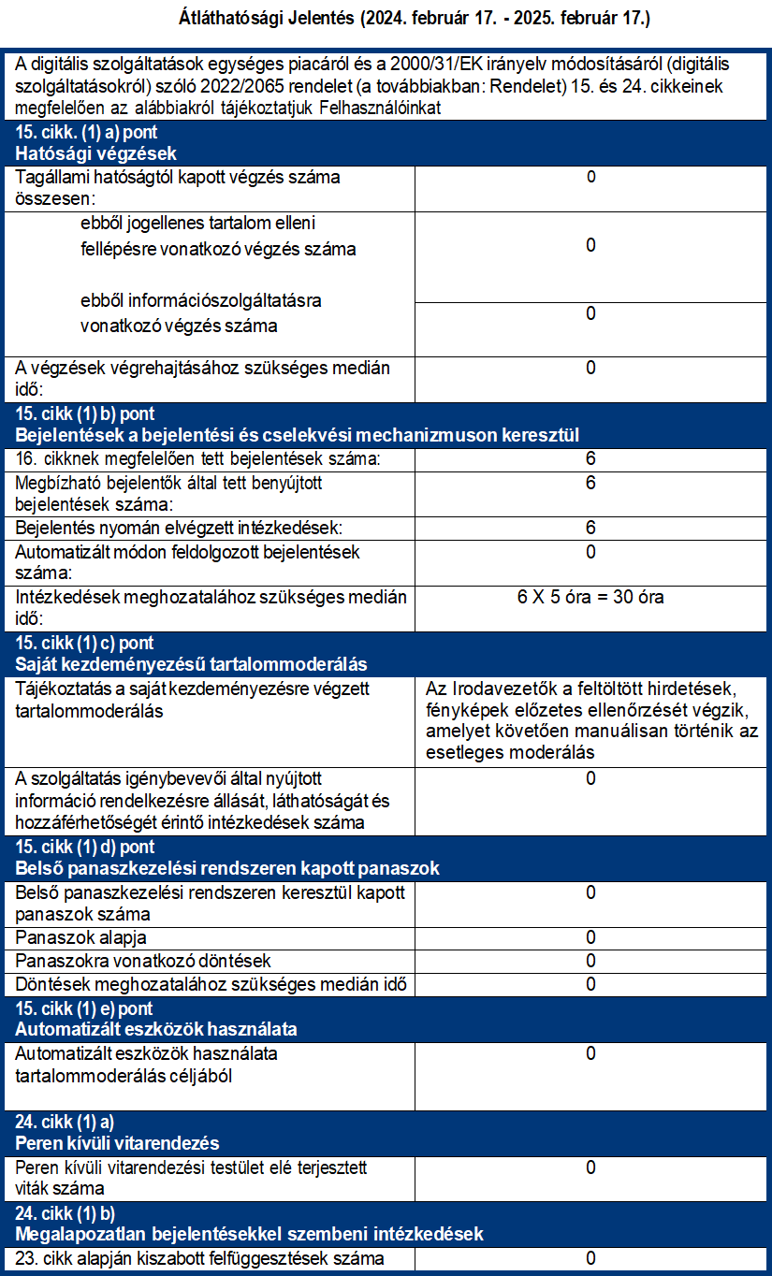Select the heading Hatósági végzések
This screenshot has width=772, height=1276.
[x=96, y=154]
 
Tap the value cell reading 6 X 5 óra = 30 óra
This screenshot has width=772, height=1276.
[x=590, y=597]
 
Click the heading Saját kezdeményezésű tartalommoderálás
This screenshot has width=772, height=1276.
[x=191, y=664]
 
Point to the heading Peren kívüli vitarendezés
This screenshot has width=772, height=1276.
[x=118, y=1143]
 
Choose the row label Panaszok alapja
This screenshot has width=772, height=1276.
[x=81, y=937]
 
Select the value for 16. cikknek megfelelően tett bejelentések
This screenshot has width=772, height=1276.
[x=590, y=459]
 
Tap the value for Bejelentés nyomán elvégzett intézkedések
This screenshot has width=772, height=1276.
[x=590, y=528]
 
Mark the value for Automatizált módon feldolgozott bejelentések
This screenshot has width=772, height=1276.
[x=590, y=552]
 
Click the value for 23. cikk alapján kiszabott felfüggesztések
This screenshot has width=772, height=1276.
[x=590, y=1258]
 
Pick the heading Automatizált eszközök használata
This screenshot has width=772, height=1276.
[x=156, y=1030]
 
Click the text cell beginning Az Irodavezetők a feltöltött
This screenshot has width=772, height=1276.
[x=590, y=720]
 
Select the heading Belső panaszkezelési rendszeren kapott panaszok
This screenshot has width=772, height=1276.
[x=227, y=869]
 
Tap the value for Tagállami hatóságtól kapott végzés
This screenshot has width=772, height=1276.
[x=590, y=177]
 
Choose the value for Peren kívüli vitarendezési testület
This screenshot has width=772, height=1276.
[x=590, y=1167]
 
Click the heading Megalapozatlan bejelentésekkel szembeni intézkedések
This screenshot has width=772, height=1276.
[x=249, y=1235]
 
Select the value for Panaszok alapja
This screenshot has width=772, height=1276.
[x=590, y=937]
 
